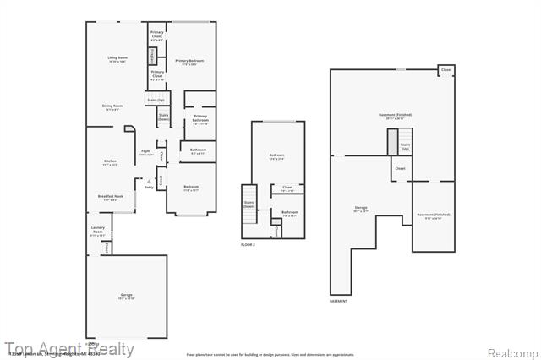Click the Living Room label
(117, 59)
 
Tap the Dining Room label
(112, 107)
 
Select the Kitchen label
(110, 162)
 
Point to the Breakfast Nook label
(110, 198)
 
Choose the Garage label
(125, 296)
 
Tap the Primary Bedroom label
(190, 63)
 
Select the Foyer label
(145, 153)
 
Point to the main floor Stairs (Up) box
(156, 99)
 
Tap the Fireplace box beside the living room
(153, 56)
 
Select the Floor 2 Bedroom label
(276, 156)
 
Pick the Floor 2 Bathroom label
(289, 214)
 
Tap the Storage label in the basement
(361, 209)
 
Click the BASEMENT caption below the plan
(338, 301)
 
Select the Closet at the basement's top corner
(445, 70)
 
